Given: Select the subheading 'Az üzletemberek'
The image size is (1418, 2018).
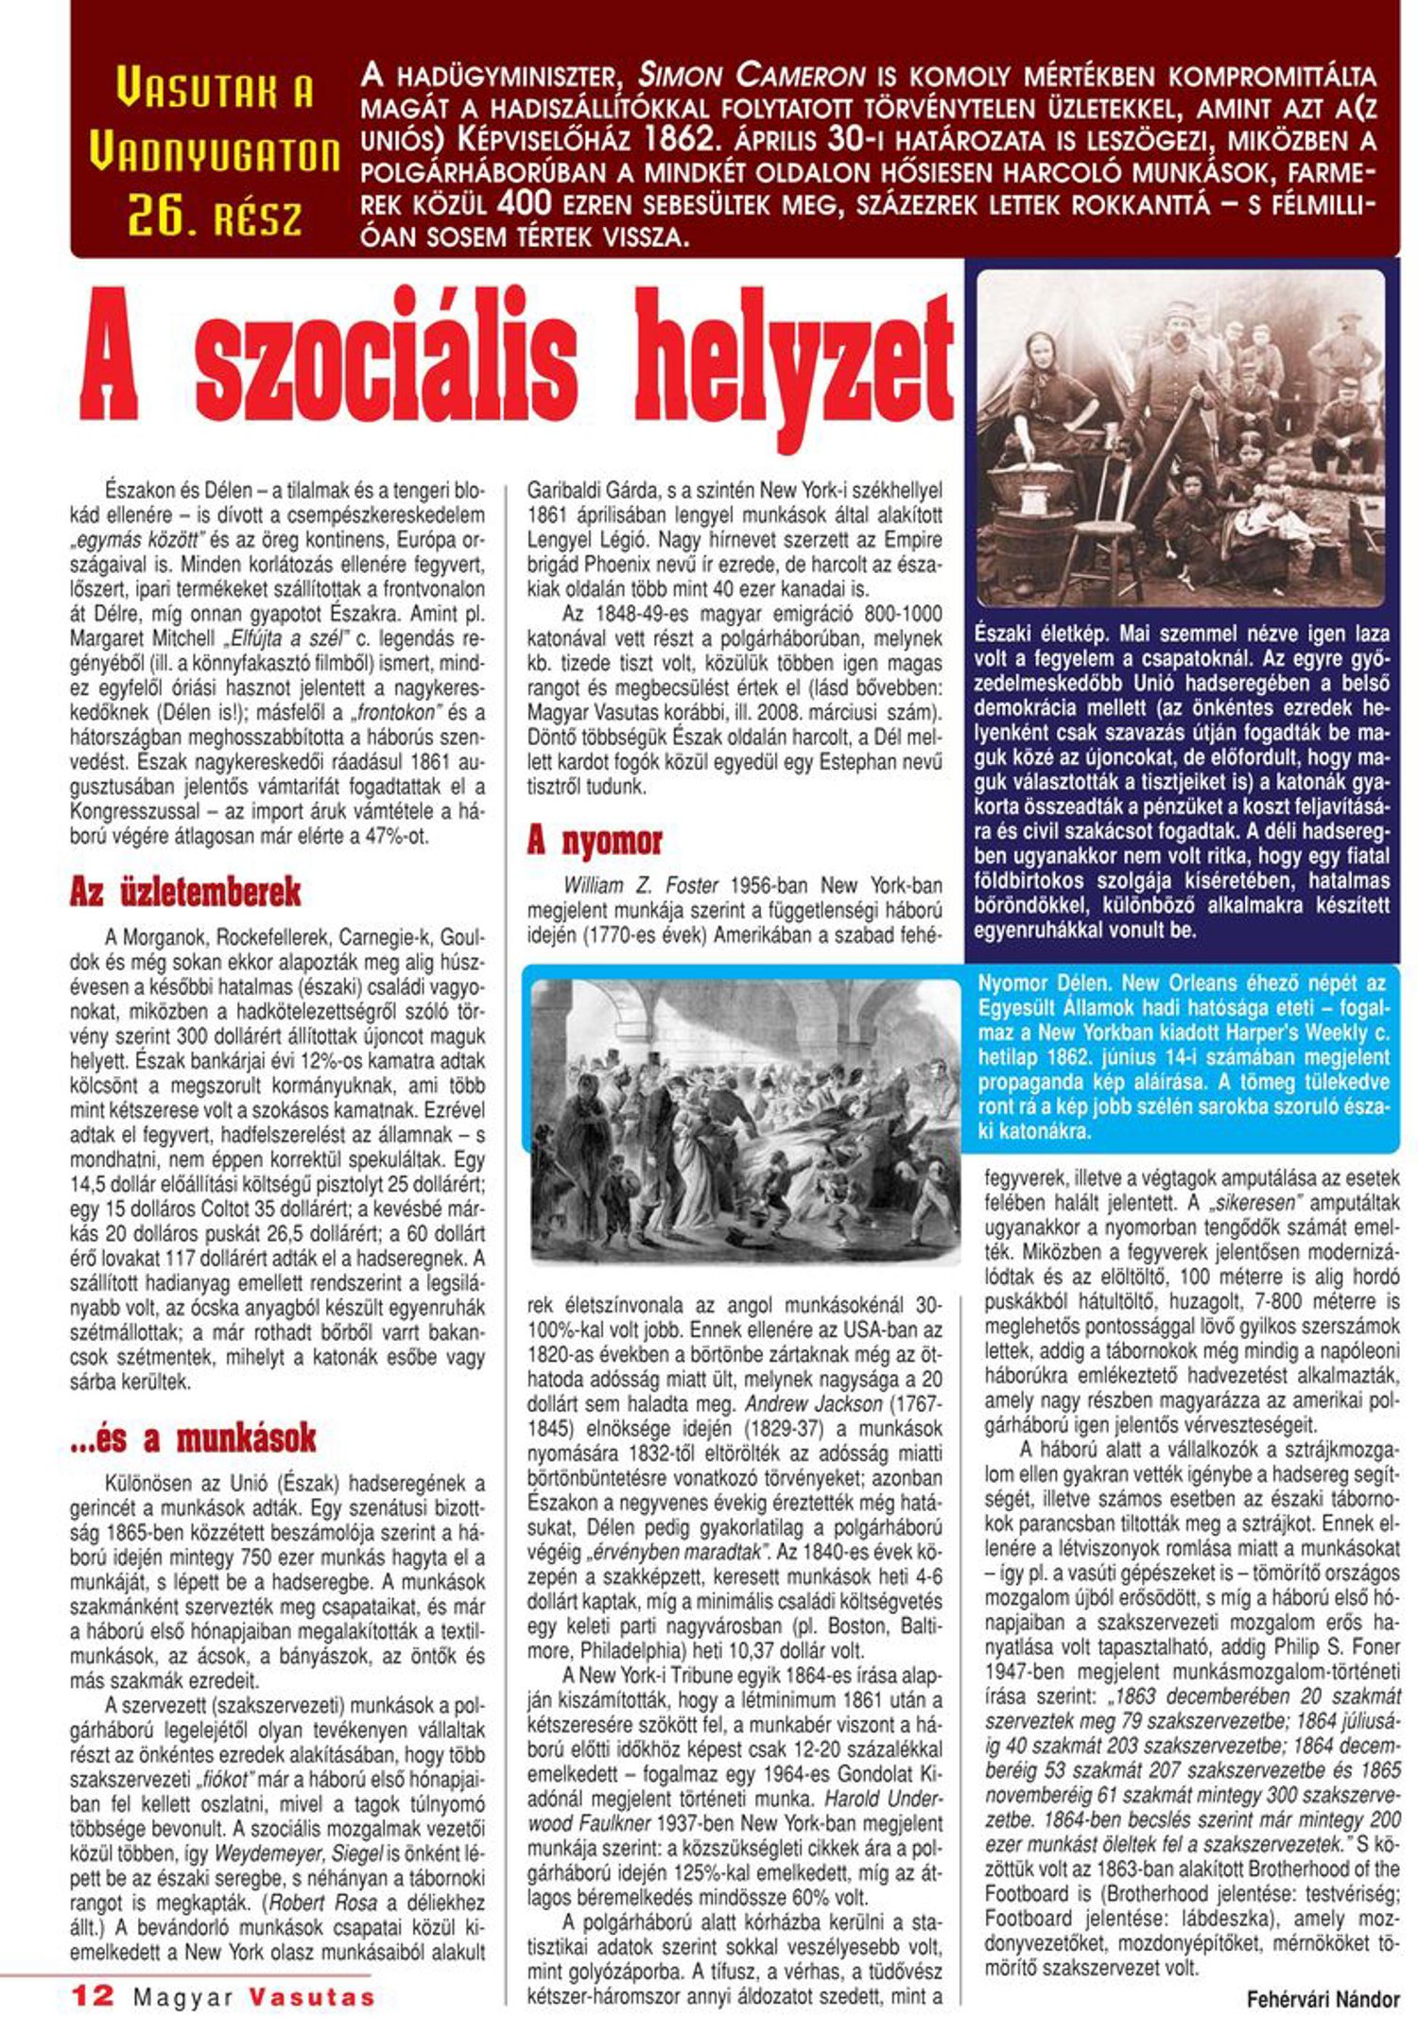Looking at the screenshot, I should [x=185, y=892].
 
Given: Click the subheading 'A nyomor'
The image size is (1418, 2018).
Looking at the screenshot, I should [x=595, y=840].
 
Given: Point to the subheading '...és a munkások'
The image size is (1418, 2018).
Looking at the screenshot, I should [x=193, y=1438].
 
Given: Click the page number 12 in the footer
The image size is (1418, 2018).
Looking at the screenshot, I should [x=93, y=1995].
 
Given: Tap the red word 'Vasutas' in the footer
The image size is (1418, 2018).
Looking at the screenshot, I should [x=312, y=1996].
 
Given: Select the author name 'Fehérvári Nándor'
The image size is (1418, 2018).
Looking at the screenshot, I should [x=1323, y=1999].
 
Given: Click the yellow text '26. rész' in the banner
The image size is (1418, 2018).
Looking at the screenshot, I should [x=215, y=217].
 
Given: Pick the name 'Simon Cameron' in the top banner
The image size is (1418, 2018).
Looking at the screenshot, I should [x=752, y=76].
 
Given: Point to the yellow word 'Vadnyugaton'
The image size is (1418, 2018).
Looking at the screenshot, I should [x=215, y=153].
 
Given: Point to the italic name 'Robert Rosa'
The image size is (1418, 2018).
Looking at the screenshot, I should [x=322, y=1903].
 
